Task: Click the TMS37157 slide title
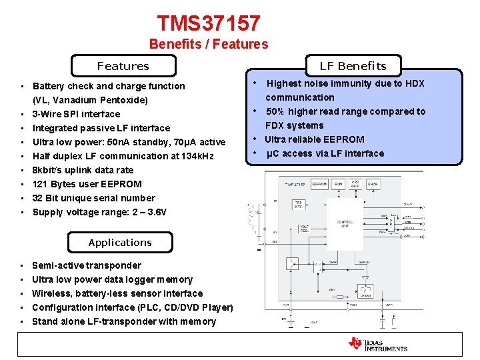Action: click(209, 23)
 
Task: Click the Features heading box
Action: click(123, 66)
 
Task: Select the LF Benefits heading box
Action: click(353, 65)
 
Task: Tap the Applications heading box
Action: click(120, 243)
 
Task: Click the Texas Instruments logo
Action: click(378, 344)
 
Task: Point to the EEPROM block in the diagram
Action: click(319, 184)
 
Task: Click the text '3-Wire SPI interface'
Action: click(76, 114)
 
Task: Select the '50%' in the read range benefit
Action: click(277, 111)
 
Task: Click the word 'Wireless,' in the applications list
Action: click(51, 293)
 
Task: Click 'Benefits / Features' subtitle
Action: click(209, 45)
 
